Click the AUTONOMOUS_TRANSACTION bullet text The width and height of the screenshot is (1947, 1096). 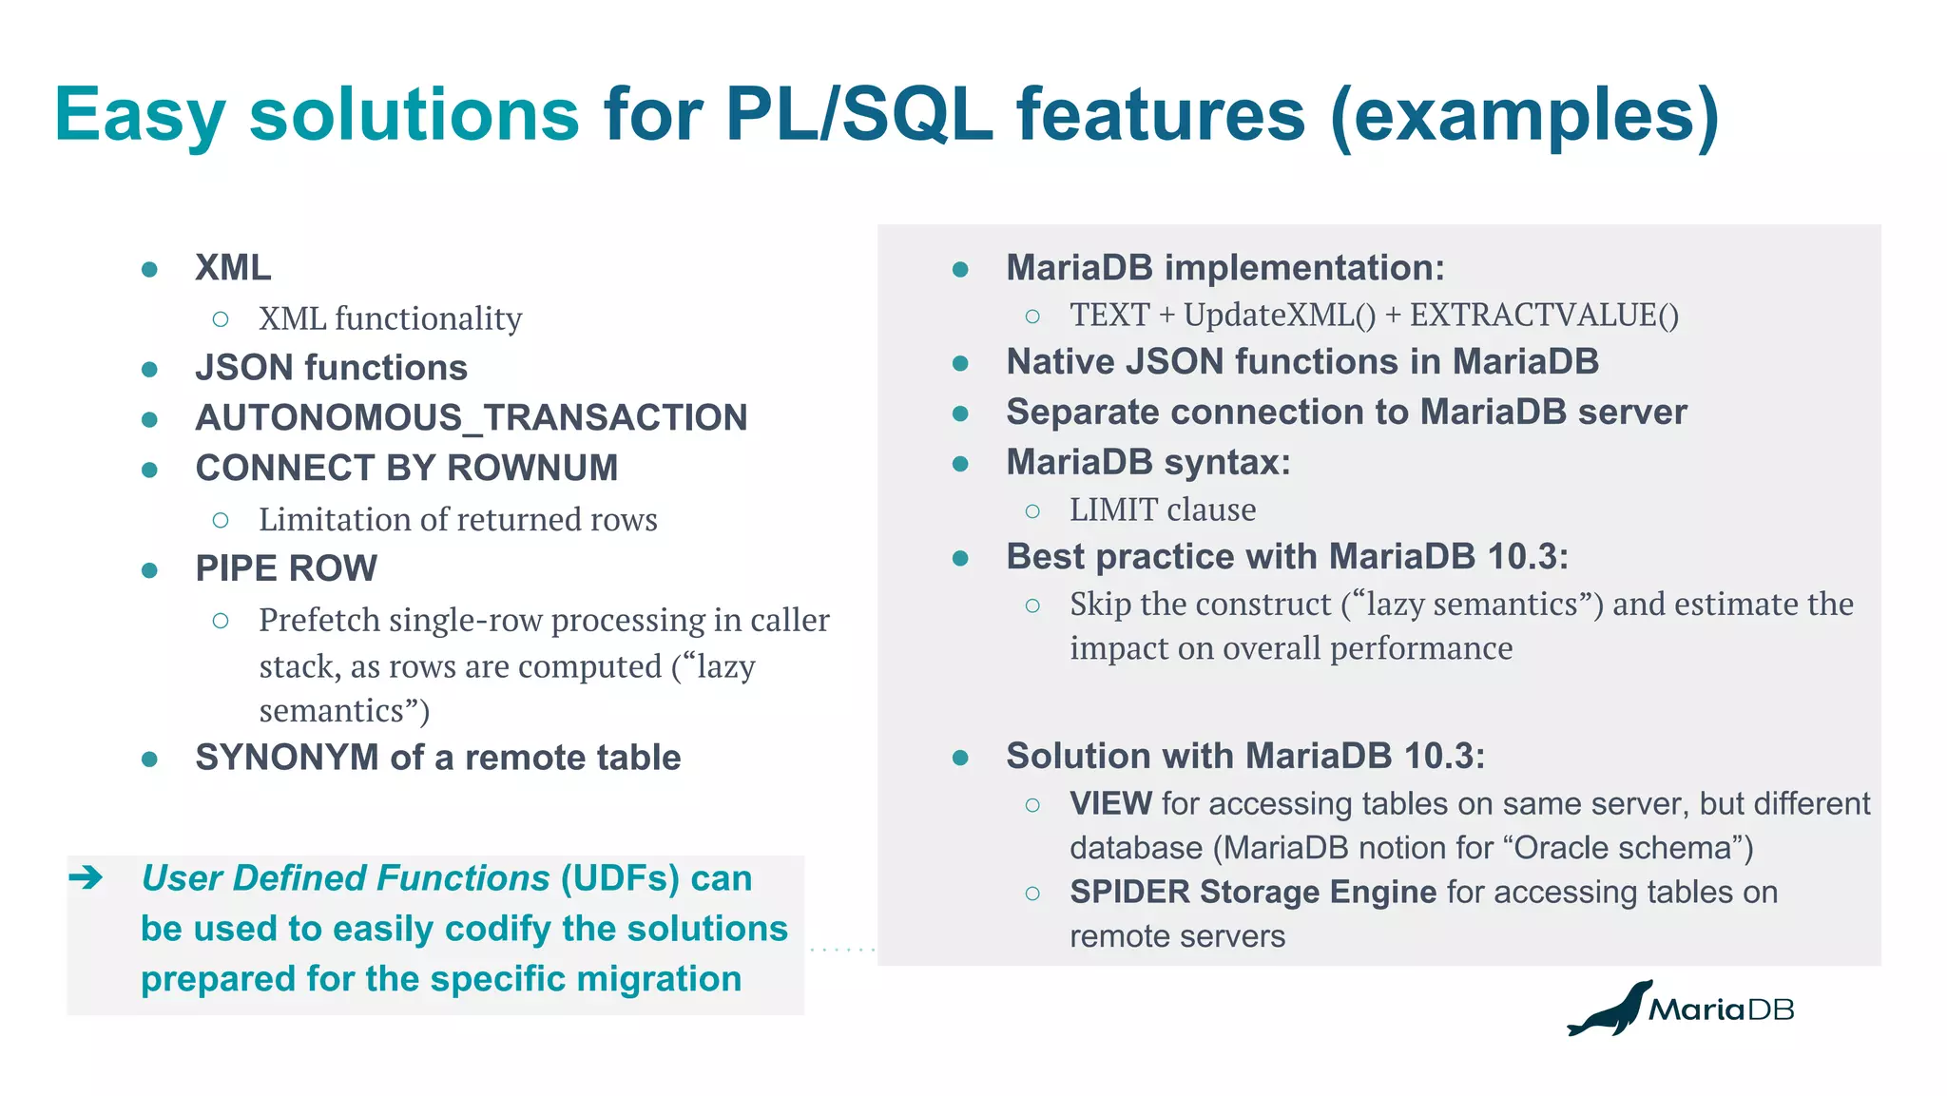click(x=472, y=418)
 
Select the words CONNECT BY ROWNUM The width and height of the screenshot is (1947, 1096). click(x=407, y=469)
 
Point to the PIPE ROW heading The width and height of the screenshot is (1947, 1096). click(x=286, y=568)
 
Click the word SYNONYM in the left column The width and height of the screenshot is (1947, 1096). click(x=286, y=758)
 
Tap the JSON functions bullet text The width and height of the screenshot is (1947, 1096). click(x=331, y=368)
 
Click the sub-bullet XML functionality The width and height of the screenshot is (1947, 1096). click(x=390, y=318)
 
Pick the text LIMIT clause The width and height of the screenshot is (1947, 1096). click(x=1162, y=510)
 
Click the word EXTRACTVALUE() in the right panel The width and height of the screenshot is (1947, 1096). click(x=1544, y=316)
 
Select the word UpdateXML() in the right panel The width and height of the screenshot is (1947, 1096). click(x=1279, y=316)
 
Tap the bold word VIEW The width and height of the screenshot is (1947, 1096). click(x=1110, y=804)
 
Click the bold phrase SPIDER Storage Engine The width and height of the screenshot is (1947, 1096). click(x=1252, y=893)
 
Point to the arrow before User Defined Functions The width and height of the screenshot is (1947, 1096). click(x=87, y=877)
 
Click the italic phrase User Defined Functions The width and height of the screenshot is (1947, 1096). click(x=345, y=878)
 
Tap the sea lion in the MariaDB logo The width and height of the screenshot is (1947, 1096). click(x=1609, y=1010)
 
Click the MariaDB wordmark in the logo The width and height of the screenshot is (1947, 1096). click(x=1721, y=1009)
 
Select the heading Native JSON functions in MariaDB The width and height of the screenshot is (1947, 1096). click(x=1301, y=362)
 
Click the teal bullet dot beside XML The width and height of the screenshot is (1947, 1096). click(x=149, y=269)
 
